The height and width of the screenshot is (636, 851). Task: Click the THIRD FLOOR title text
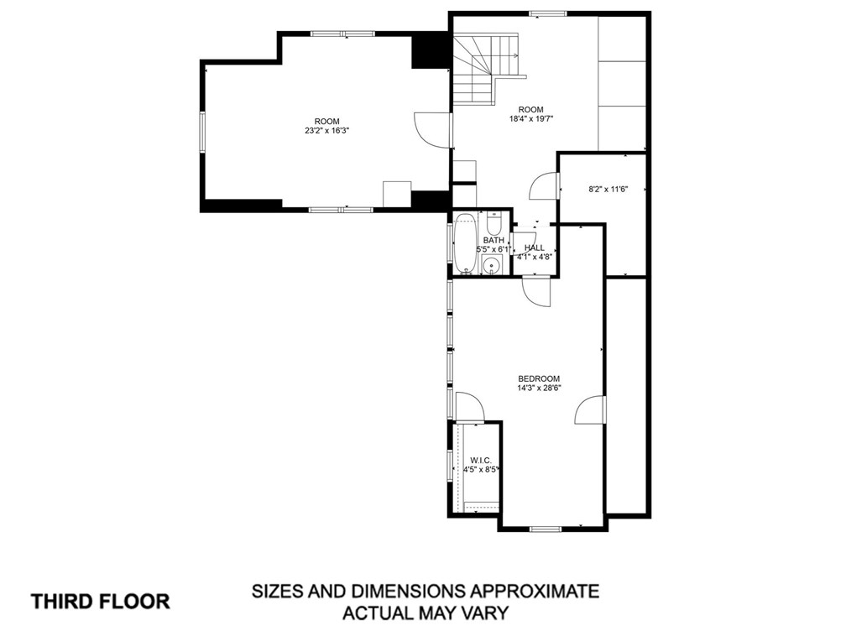coord(101,602)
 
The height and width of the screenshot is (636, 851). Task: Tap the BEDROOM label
coord(539,378)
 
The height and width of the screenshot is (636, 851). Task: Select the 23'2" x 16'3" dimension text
coord(326,130)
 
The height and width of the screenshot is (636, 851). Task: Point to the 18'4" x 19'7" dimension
coord(530,118)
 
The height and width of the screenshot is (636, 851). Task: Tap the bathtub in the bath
coord(465,243)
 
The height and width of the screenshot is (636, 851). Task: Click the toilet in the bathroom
coord(493,222)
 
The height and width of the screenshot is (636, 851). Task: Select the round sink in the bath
coord(491,266)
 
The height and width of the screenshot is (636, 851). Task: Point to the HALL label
coord(534,248)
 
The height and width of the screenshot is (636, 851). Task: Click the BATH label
coord(493,241)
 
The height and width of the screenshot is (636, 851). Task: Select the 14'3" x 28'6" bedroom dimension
coord(539,388)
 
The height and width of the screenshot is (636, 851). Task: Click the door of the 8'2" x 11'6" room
coord(544,186)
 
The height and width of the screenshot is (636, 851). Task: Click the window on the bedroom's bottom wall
coord(546,529)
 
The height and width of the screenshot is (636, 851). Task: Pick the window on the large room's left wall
coord(202,132)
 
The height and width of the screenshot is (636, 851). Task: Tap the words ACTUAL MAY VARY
coord(425,613)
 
